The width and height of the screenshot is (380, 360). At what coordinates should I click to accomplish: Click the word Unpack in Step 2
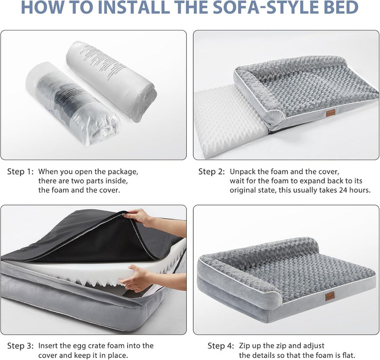[x=243, y=171]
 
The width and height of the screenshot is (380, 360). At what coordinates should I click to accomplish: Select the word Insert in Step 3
[x=51, y=346]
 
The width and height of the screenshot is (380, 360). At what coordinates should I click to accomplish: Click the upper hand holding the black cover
[x=138, y=216]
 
